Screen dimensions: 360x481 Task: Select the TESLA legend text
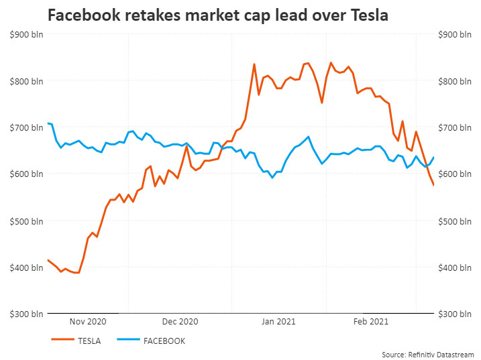(x=89, y=341)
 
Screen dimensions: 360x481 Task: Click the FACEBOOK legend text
(x=164, y=341)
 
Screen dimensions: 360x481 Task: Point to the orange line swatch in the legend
(x=62, y=341)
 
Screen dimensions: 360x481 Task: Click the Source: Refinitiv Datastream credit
(x=428, y=354)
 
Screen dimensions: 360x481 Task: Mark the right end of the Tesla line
(x=433, y=185)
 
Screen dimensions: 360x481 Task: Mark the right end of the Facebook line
(x=433, y=158)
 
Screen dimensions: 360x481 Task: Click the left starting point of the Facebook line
(x=48, y=123)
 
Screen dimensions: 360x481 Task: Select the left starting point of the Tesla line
(x=48, y=259)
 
